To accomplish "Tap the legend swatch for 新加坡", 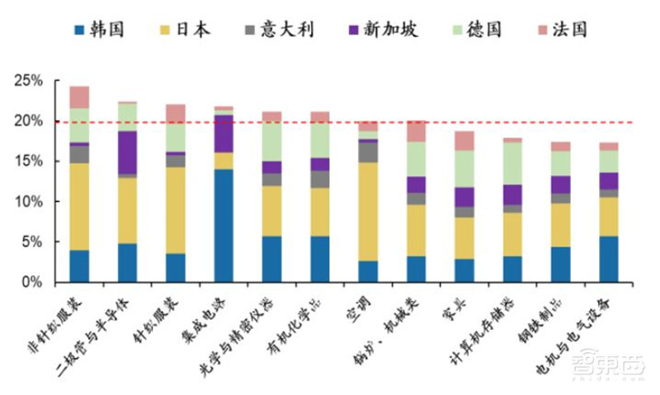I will [356, 31].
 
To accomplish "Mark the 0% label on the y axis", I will [31, 283].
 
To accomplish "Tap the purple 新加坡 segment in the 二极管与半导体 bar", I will [127, 153].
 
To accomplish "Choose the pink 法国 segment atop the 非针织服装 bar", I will [79, 96].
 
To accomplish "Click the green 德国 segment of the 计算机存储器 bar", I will [512, 162].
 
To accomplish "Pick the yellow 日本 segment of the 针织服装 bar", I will [176, 210].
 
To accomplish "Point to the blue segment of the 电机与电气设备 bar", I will [608, 259].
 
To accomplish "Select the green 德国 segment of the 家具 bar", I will [464, 168].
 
